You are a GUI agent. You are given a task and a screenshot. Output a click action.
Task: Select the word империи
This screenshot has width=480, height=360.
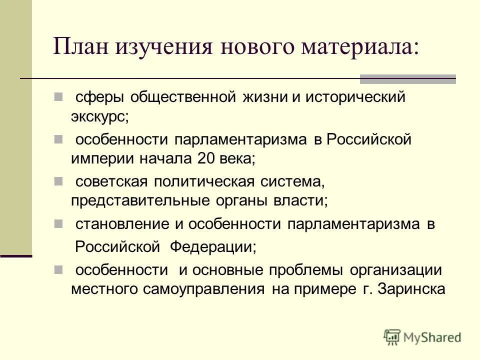98,158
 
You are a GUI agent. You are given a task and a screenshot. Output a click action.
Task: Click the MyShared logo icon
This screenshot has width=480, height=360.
392,336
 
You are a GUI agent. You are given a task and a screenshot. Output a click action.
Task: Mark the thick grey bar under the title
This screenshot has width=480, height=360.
408,78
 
